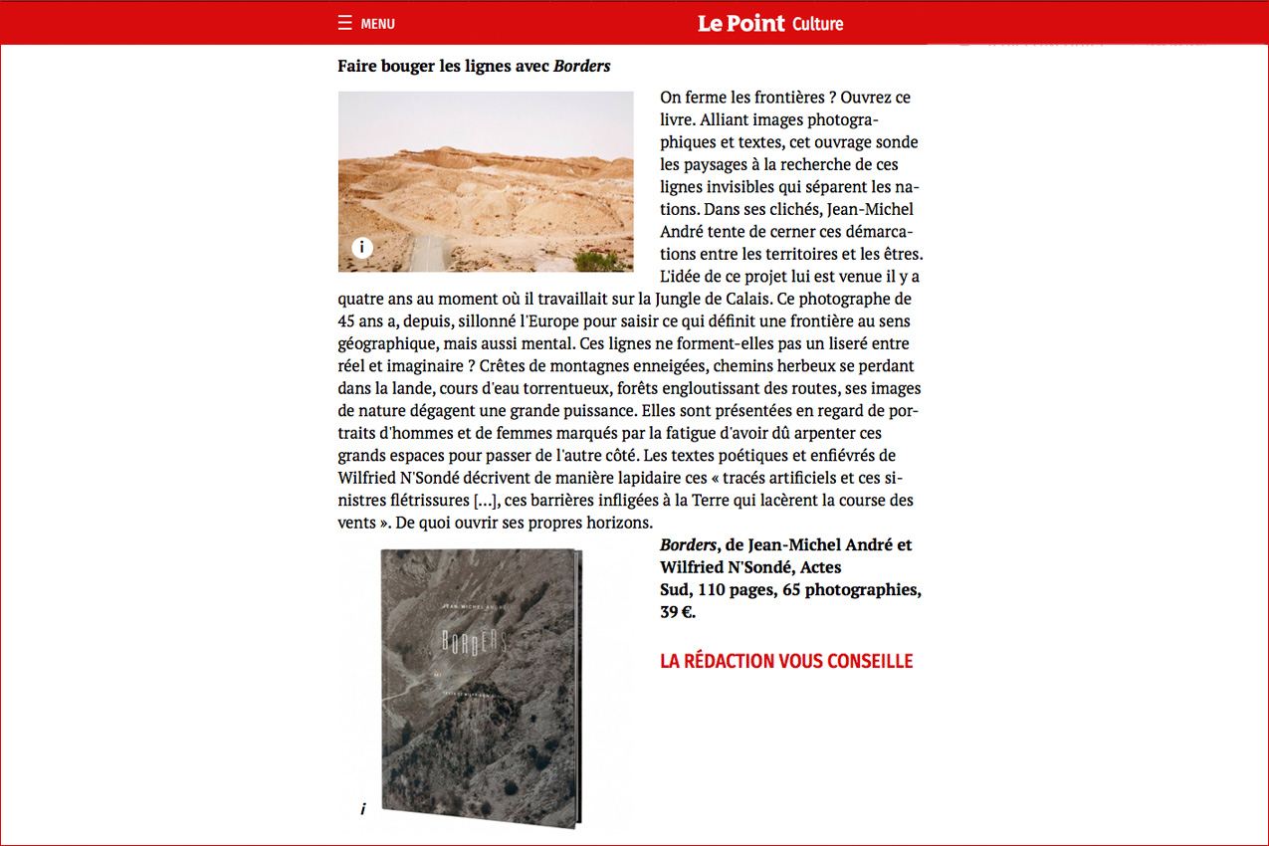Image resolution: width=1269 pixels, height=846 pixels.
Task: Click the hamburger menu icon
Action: (x=344, y=23)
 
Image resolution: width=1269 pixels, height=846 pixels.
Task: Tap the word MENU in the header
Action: (x=377, y=24)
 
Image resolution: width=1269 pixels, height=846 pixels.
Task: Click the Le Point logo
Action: (x=740, y=23)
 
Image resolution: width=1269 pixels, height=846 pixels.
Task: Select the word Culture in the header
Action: (x=817, y=24)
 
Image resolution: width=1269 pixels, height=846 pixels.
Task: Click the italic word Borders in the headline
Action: (x=581, y=67)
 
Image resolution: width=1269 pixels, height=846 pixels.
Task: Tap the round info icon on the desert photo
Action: (x=362, y=248)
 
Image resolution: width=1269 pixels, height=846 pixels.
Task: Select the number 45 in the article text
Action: (x=347, y=321)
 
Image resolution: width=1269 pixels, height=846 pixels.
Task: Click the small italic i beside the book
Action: (x=363, y=809)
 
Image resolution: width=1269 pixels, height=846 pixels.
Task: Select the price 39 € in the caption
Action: (x=677, y=612)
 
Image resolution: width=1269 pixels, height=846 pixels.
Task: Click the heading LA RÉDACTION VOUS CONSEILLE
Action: (x=786, y=661)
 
